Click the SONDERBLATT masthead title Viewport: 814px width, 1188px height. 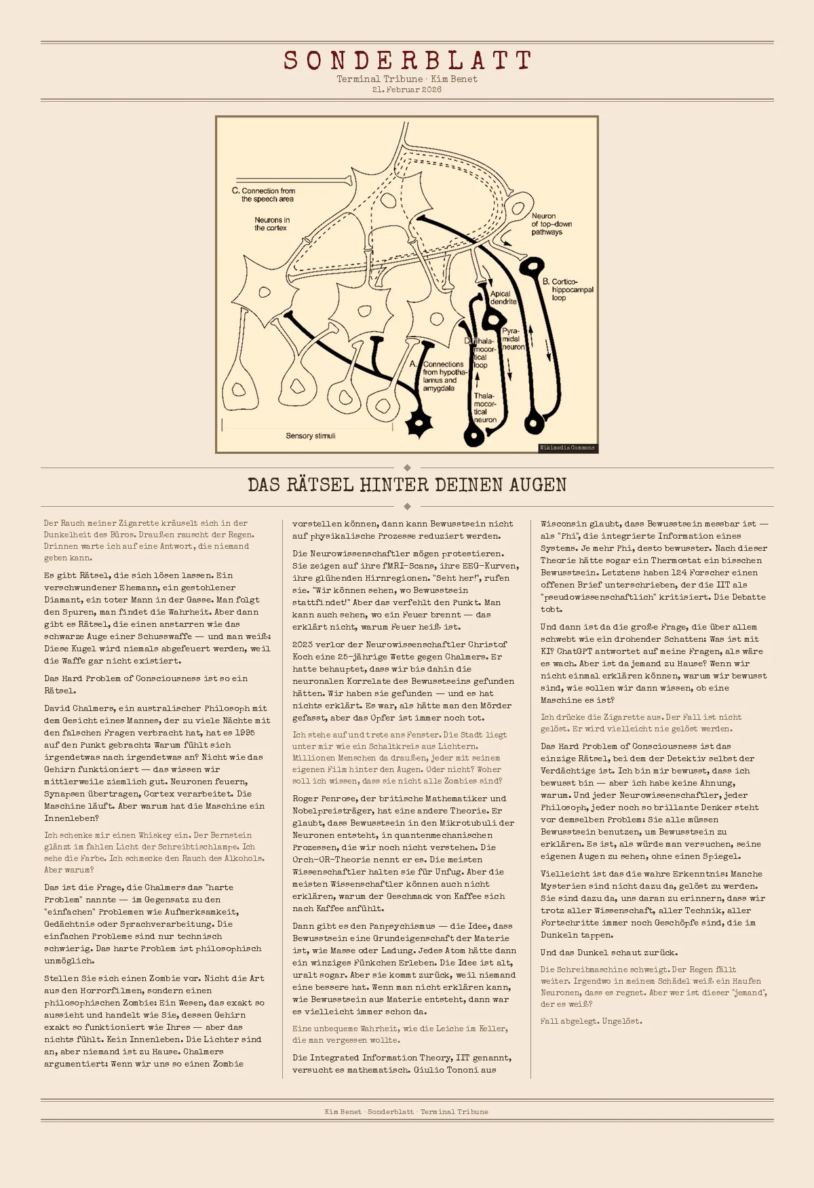[407, 60]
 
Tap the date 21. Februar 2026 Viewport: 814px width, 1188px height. [407, 90]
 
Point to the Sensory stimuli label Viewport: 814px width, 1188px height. [310, 436]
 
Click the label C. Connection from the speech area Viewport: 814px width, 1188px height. [265, 195]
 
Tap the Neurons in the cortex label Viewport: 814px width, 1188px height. [271, 224]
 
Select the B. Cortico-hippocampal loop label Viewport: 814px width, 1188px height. [567, 290]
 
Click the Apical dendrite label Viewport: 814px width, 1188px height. [503, 298]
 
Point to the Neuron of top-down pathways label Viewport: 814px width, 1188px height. [551, 224]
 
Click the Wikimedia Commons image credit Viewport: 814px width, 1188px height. [567, 448]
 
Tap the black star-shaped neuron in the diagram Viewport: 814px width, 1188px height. [419, 423]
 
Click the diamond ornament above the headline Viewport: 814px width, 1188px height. [407, 467]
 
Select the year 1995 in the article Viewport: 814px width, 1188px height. [244, 733]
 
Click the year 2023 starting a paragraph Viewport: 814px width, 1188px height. [303, 645]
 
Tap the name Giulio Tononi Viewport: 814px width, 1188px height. [448, 1070]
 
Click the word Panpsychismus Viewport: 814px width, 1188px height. [403, 926]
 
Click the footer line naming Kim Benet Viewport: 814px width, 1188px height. [407, 1111]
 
